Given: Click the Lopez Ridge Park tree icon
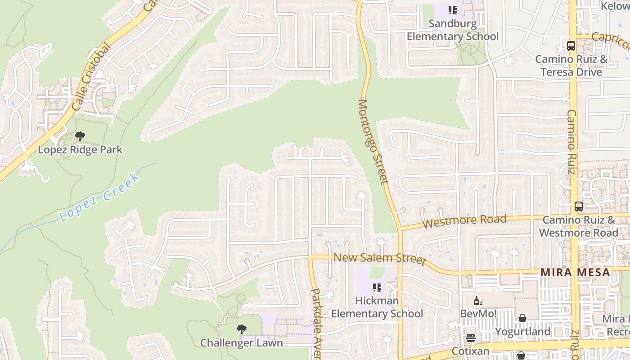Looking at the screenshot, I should (80, 136).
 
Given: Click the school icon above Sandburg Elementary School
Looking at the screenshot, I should (453, 10).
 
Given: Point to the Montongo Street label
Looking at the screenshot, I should (373, 141).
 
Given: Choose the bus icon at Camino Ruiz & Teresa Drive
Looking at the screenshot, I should (571, 45).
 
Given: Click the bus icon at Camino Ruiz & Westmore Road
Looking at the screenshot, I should (579, 207).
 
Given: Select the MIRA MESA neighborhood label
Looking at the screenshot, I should (575, 272).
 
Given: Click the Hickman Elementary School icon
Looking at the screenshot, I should (377, 287).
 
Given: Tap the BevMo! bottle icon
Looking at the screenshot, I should (478, 301).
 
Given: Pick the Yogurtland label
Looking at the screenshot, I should (522, 332).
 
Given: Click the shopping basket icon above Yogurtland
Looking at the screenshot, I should (522, 319).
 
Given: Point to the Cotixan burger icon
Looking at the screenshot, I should (471, 338).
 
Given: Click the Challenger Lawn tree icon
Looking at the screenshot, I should (242, 329).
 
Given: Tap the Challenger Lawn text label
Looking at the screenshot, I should (242, 343).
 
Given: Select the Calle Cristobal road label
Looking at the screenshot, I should (90, 77).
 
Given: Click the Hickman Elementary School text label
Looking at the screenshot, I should (377, 307).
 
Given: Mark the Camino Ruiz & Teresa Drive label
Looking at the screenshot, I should (571, 66).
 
